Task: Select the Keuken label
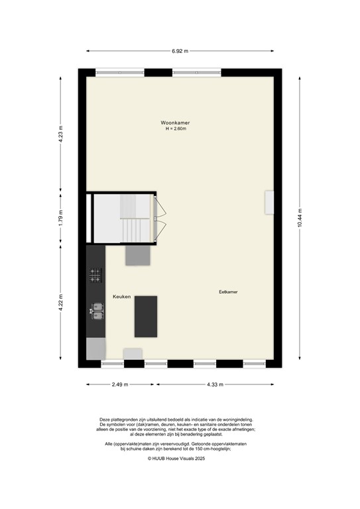[121, 296]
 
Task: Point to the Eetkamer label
[229, 292]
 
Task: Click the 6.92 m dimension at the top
[180, 50]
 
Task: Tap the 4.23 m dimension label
[60, 135]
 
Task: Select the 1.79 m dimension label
[60, 218]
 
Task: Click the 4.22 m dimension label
[60, 302]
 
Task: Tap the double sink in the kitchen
[97, 310]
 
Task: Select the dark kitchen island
[146, 317]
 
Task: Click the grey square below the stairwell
[138, 255]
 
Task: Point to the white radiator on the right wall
[269, 202]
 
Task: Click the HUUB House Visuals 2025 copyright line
[180, 458]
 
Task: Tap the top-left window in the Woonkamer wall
[119, 72]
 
